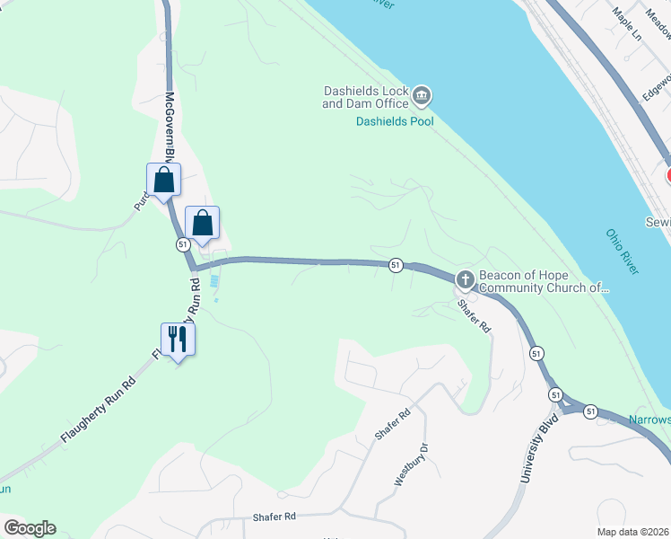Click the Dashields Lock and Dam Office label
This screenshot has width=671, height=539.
[365, 97]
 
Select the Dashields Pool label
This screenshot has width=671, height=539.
[394, 121]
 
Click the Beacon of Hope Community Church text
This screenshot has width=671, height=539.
[545, 282]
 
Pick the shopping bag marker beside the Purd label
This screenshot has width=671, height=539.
[164, 181]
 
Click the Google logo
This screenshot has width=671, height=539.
[30, 528]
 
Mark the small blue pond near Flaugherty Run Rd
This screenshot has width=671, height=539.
[213, 281]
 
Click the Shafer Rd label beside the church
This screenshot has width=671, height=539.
[475, 316]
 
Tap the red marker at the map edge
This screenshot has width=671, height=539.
[667, 175]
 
